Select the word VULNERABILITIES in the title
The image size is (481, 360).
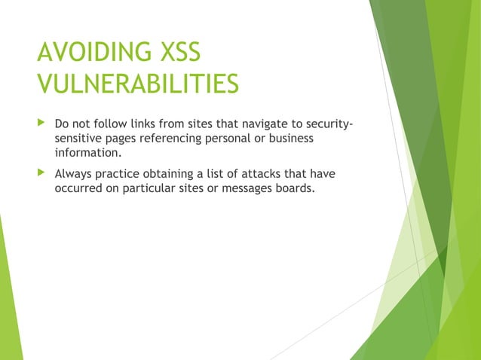(x=138, y=85)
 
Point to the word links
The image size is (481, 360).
(x=146, y=124)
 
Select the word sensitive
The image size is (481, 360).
(x=80, y=139)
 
